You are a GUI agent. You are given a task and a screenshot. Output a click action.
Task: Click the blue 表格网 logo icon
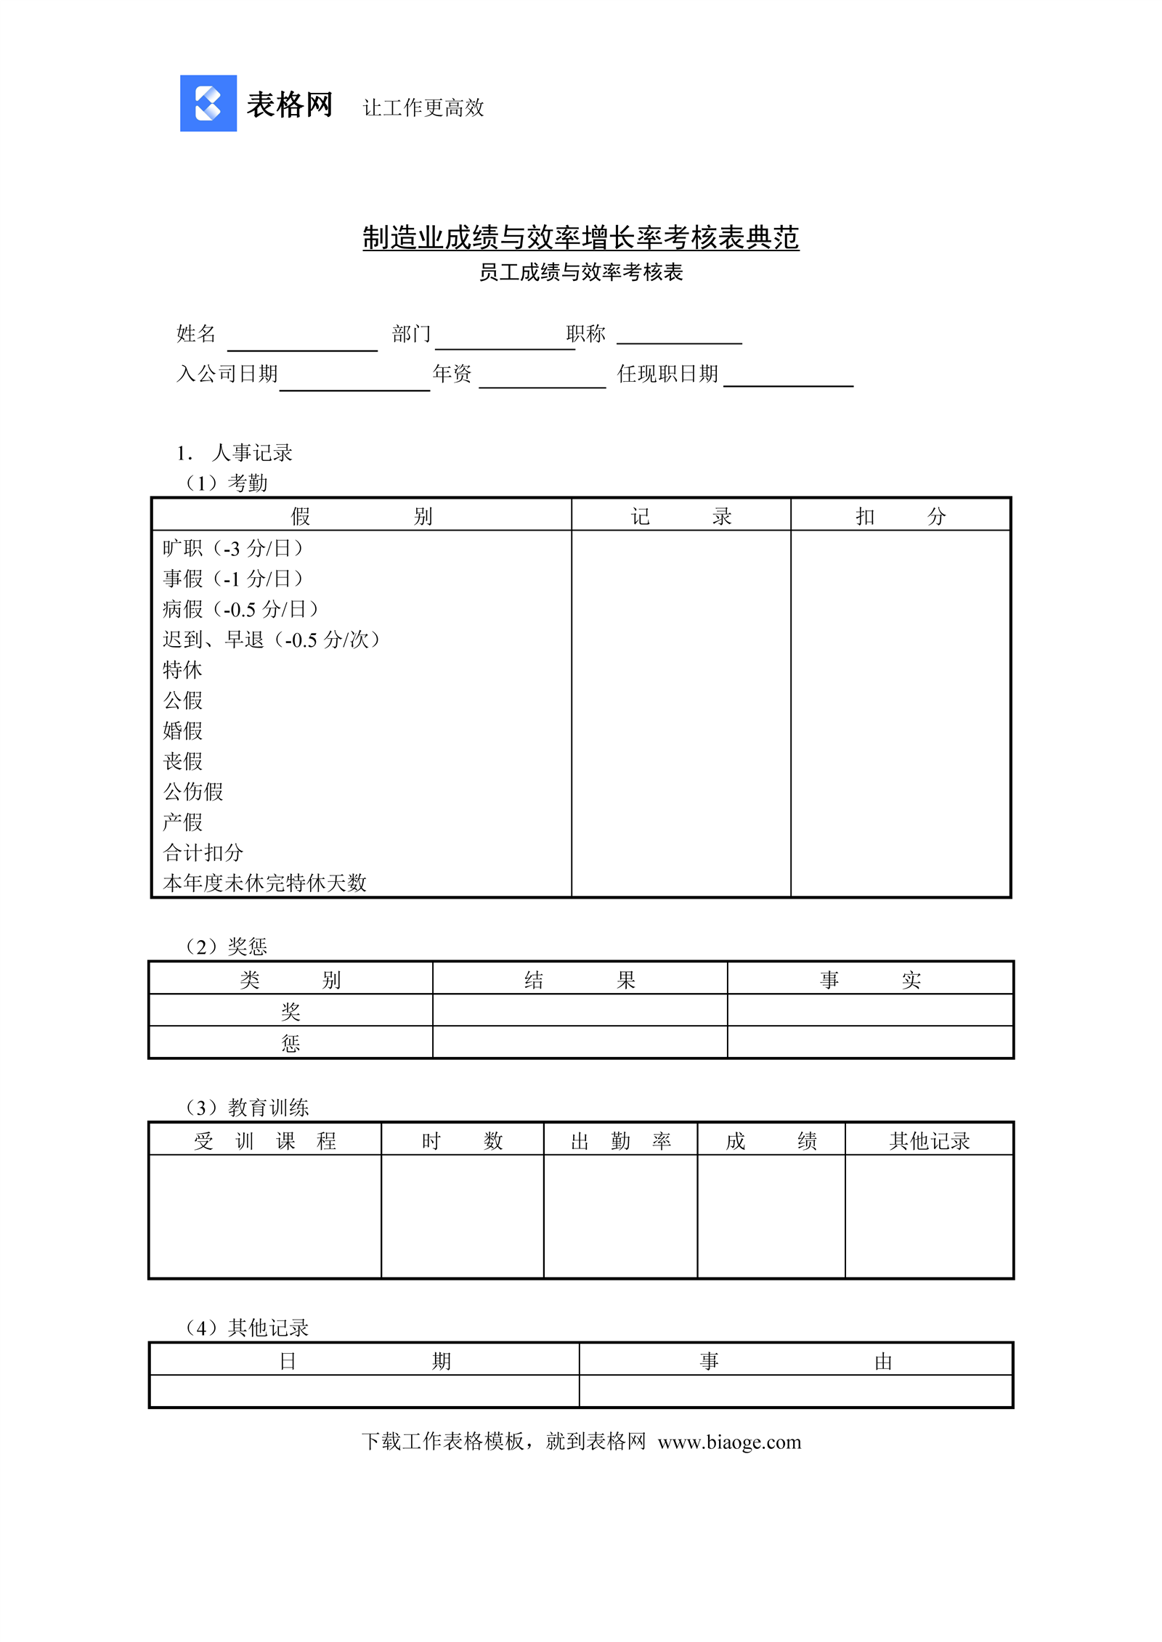[208, 103]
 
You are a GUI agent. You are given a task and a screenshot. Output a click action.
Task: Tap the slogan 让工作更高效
[423, 107]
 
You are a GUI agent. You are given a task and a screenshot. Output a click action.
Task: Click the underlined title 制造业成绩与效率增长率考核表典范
[580, 237]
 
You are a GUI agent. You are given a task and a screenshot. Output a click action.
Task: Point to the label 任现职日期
[667, 374]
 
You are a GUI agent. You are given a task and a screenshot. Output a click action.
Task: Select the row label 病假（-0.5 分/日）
[240, 609]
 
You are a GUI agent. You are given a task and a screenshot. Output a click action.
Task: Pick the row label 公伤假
[193, 791]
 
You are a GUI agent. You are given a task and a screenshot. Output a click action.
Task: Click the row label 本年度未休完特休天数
[264, 883]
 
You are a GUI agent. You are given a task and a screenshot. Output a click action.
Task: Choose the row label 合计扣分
[203, 852]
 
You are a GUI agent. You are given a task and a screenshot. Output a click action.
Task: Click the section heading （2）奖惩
[226, 946]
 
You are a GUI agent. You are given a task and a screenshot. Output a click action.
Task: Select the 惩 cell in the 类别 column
[290, 1043]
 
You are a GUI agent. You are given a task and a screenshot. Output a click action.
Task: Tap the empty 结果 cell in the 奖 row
[580, 1010]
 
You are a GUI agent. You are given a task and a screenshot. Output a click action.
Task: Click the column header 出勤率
[620, 1141]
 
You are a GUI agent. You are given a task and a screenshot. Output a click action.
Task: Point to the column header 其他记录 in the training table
[929, 1141]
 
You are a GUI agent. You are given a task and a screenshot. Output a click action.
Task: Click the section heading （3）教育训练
[247, 1107]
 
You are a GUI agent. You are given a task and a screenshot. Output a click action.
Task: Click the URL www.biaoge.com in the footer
[729, 1442]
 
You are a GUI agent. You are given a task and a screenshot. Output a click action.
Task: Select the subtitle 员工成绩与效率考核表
[580, 272]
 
